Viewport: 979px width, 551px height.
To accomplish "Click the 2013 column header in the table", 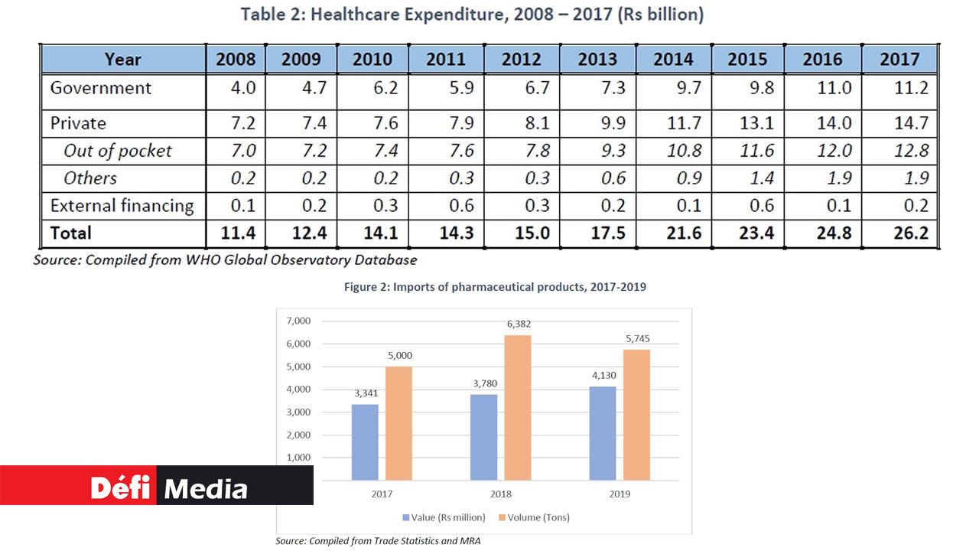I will click(x=597, y=60).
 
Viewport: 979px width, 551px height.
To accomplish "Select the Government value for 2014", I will click(x=673, y=88).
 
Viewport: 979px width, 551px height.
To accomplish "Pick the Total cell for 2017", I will click(x=899, y=233).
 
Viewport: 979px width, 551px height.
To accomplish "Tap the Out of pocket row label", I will click(x=118, y=151).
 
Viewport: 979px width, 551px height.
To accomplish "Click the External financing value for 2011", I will click(x=447, y=206).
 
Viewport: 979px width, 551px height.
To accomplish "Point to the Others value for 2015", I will click(x=747, y=178).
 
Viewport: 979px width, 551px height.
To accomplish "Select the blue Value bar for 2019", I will click(x=603, y=433).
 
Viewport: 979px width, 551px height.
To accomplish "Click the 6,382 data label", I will click(x=518, y=325).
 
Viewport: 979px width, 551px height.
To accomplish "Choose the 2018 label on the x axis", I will click(x=501, y=494).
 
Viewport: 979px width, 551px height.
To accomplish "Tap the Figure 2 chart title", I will click(x=483, y=287).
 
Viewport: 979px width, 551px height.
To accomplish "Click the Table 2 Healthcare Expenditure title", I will click(x=472, y=14).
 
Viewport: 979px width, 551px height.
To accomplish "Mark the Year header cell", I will click(x=123, y=60).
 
